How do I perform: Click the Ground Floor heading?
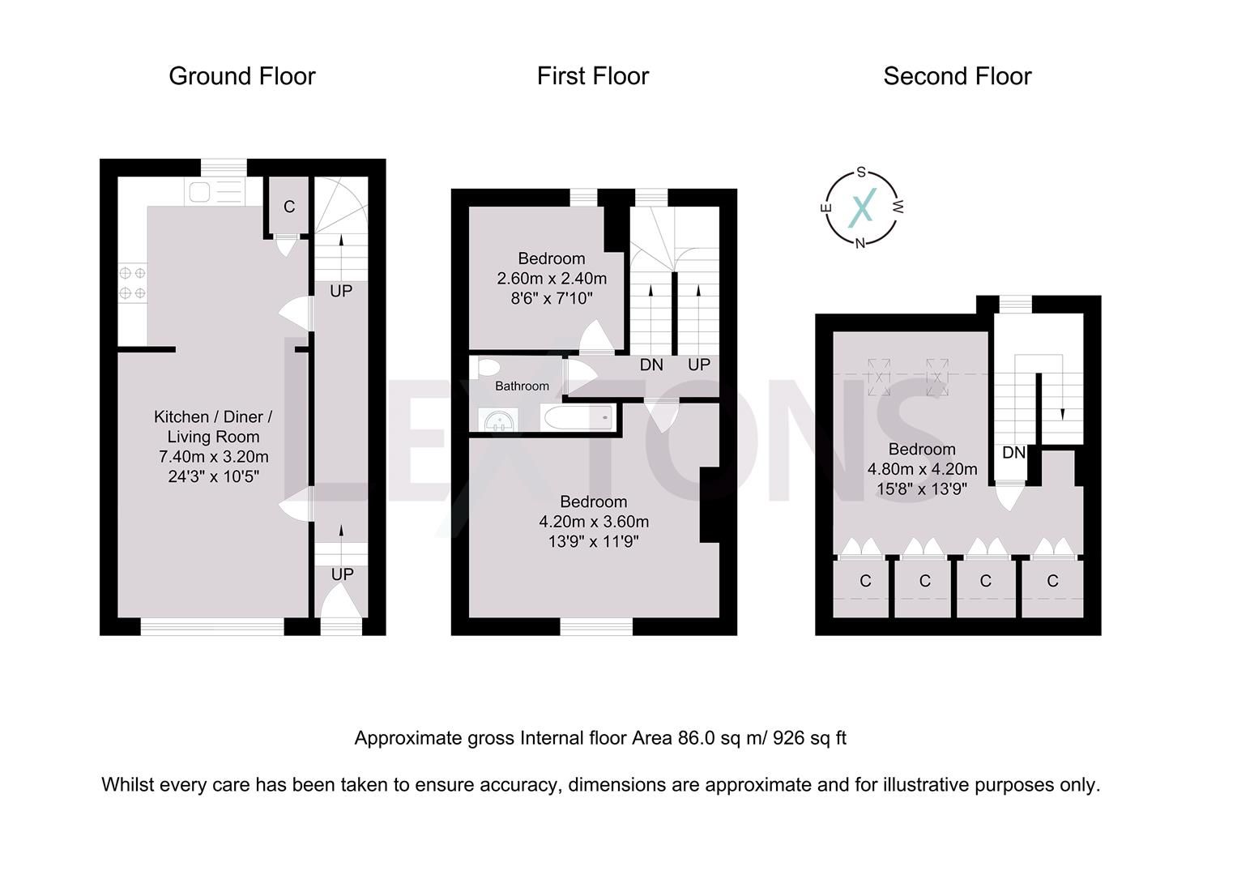coord(241,76)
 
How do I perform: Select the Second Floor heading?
coord(957,76)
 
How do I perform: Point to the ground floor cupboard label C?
coord(289,207)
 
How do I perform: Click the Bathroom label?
coord(522,386)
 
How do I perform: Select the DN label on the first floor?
coord(651,365)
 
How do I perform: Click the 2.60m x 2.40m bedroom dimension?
coord(552,279)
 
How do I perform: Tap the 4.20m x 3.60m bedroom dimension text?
coord(594,522)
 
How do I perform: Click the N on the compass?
coord(860,243)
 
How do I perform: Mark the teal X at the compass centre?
coord(862,207)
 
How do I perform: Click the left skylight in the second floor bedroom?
coord(878,376)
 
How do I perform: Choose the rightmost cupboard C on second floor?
coord(1052,581)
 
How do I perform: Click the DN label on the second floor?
coord(1013,453)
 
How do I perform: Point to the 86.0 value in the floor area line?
coord(694,738)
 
